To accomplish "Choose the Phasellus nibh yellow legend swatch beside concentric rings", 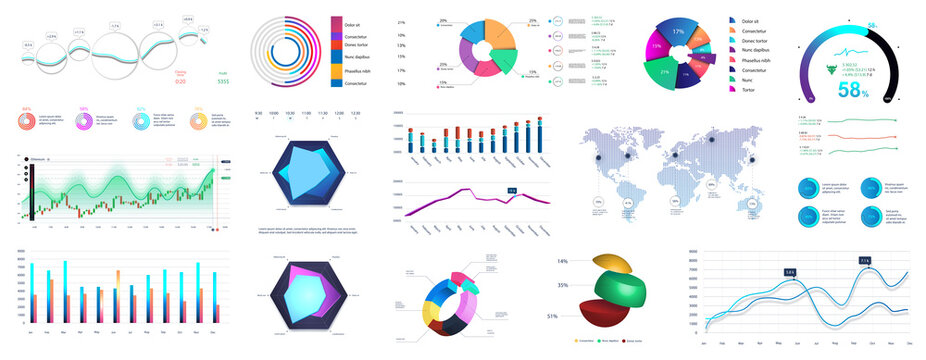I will click(336, 70).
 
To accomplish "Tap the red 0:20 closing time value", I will click(181, 81).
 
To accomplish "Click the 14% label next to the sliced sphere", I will click(562, 261).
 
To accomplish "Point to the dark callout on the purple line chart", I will click(511, 189).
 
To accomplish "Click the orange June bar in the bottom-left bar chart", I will click(118, 277).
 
